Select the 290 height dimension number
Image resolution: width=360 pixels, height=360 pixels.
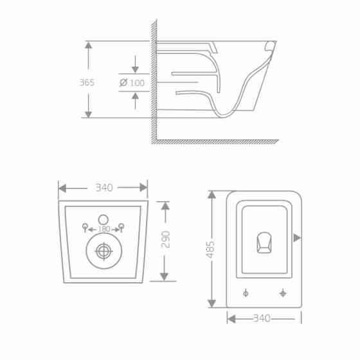[165, 240]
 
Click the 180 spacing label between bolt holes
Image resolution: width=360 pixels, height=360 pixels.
[104, 228]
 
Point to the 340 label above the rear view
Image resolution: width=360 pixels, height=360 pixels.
[104, 188]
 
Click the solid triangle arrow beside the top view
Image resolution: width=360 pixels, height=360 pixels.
[296, 238]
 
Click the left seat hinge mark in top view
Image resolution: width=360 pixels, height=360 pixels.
[246, 293]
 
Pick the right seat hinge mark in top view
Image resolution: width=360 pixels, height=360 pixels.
[283, 293]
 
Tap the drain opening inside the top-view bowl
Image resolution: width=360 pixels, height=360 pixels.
[264, 242]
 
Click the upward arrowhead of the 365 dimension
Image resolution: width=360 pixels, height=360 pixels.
[88, 46]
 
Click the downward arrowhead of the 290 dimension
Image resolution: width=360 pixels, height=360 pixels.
[165, 276]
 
